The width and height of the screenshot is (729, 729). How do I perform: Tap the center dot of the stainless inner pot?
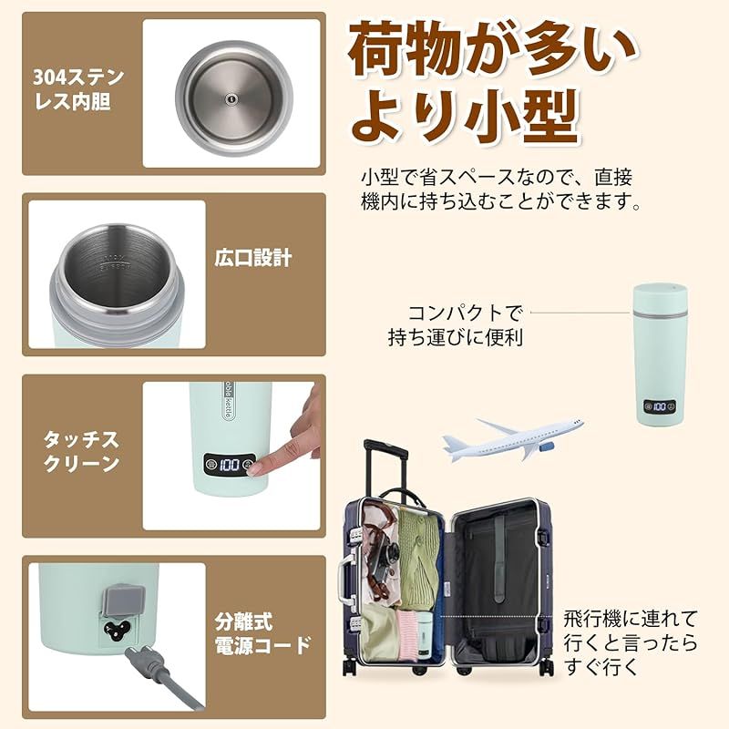(x=231, y=99)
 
